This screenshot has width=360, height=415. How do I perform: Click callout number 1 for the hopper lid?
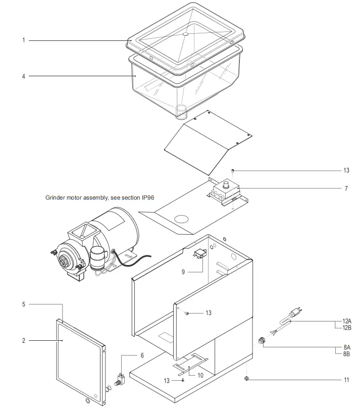click(x=23, y=40)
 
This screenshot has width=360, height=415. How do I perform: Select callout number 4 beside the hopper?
click(x=23, y=76)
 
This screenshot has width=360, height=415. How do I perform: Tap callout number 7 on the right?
click(x=346, y=188)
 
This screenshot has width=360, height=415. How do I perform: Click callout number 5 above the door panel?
click(x=23, y=304)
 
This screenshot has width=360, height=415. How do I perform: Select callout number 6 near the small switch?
click(x=142, y=355)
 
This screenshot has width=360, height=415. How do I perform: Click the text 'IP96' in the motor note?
click(x=146, y=199)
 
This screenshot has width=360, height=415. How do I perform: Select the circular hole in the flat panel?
click(x=181, y=220)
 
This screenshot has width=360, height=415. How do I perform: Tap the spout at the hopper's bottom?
click(x=182, y=111)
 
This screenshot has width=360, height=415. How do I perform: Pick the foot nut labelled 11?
click(x=246, y=378)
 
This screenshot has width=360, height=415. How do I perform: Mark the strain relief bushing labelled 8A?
click(x=262, y=341)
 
